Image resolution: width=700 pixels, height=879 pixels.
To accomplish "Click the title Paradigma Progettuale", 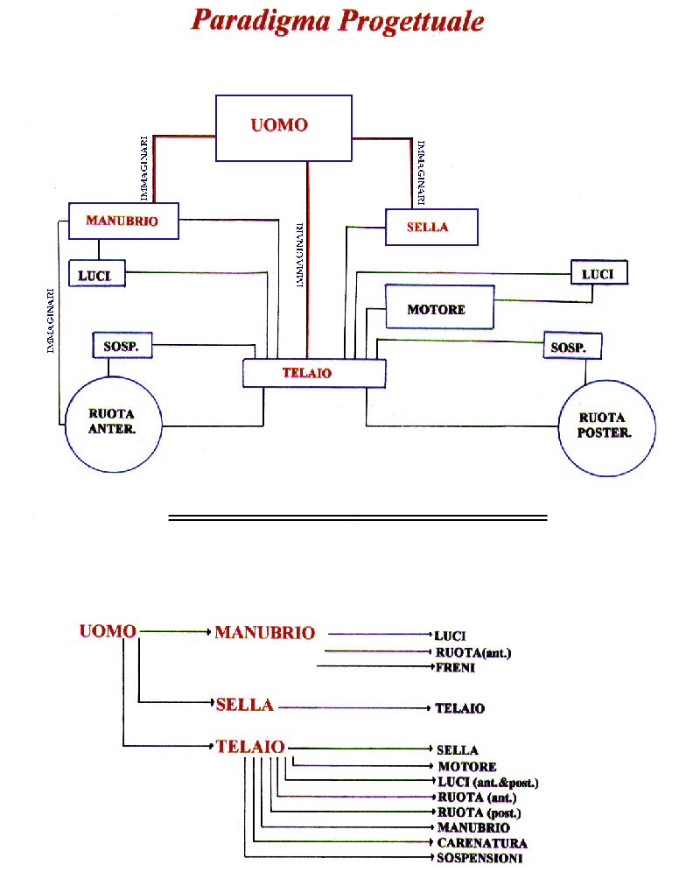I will pos(337,20).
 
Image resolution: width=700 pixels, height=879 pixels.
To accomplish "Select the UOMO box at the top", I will pos(283,128).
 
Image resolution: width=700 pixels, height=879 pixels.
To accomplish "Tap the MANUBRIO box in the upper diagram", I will pos(123,221).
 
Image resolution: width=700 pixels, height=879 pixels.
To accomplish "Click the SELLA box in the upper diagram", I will pos(430,228).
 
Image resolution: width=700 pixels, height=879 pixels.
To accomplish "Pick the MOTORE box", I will pos(439,310).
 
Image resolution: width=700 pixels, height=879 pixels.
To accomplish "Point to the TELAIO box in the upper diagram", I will pos(313,373).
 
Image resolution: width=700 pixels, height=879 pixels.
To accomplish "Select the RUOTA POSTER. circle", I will pos(604,427).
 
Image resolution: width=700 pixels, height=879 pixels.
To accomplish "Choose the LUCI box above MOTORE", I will pos(599,274).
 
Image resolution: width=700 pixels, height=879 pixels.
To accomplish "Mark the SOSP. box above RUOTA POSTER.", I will pos(573,346).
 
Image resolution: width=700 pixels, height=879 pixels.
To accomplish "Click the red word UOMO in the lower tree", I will pos(108,631).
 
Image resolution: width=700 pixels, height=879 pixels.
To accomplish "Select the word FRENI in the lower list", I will pos(455,668).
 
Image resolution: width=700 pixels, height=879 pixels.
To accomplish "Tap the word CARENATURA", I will pos(482,843).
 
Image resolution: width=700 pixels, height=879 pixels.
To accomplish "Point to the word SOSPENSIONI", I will pos(479,858).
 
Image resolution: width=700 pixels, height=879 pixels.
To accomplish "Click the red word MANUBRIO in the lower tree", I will pos(264,632).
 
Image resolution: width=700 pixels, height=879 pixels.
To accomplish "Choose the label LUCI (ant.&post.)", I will pos(487,782).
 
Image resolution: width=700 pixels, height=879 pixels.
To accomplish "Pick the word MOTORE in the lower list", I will pos(467,767).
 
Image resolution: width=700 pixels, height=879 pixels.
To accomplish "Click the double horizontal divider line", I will pos(357,517).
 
